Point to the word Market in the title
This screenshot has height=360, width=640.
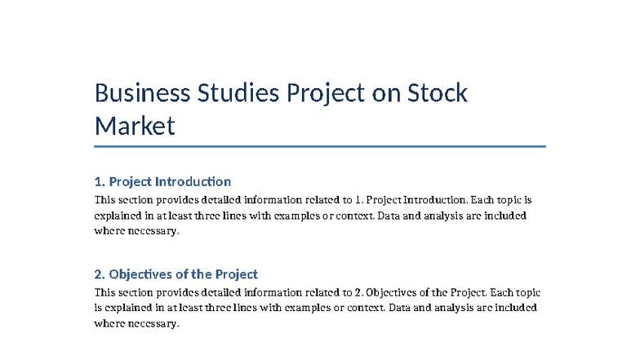(136, 127)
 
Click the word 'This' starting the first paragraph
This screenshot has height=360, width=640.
(105, 199)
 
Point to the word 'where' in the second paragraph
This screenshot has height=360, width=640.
(109, 323)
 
